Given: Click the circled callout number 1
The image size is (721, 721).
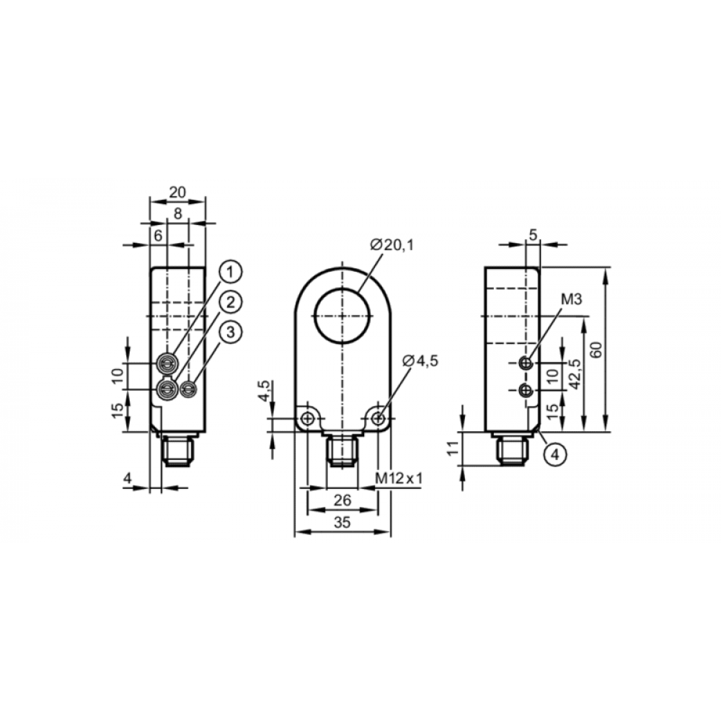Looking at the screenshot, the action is tap(231, 272).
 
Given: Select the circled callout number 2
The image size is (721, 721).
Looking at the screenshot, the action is tap(231, 302).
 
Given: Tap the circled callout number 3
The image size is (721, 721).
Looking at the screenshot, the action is tap(231, 332).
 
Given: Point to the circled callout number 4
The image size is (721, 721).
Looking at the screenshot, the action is tap(555, 454).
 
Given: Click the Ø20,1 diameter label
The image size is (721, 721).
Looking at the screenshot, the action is tap(392, 245).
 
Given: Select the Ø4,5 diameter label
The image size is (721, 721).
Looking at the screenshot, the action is tap(420, 361).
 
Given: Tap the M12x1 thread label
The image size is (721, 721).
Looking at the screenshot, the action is tap(399, 479).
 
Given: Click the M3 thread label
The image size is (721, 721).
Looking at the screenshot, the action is tap(571, 299).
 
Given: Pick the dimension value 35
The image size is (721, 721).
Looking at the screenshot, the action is tap(342, 522).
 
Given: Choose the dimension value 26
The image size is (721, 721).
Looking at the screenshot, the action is tap(342, 500).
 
